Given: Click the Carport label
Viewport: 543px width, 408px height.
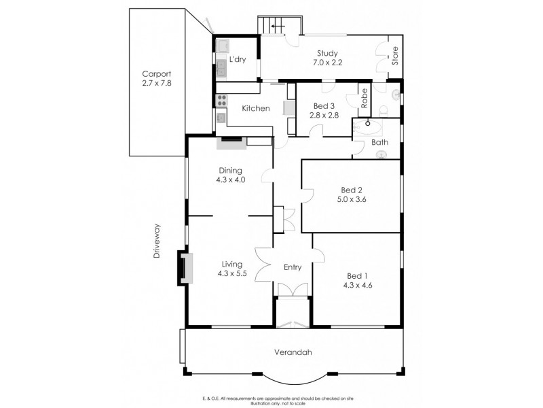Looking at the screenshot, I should click(x=156, y=75).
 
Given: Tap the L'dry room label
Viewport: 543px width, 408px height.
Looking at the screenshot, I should click(x=238, y=60).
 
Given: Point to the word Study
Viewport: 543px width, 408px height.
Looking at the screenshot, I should click(x=328, y=54).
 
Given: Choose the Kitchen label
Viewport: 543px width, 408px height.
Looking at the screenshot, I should click(x=257, y=108).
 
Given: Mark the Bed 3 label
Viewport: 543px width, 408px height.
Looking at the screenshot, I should click(x=324, y=105).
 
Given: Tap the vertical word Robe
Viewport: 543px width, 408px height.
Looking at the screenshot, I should click(x=364, y=99).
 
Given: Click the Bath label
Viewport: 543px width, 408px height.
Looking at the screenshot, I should click(x=379, y=143).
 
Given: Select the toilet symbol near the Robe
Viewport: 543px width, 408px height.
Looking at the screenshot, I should click(x=384, y=108).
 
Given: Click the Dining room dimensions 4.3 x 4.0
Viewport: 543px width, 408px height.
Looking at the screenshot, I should click(x=230, y=180).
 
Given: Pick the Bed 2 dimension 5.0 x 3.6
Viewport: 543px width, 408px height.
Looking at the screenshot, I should click(x=351, y=201).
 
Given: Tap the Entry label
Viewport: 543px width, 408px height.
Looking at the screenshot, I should click(x=292, y=267).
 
